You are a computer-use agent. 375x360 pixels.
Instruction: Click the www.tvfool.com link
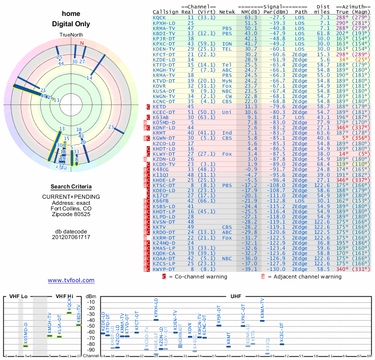(x=71, y=280)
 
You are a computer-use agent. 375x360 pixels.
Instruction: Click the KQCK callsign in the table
(x=159, y=17)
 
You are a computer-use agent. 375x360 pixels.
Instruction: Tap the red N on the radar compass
(x=82, y=44)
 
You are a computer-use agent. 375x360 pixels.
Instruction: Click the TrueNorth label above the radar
(x=71, y=36)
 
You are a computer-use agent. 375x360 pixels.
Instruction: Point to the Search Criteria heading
(x=71, y=187)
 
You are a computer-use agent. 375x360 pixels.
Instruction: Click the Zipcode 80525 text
(x=71, y=214)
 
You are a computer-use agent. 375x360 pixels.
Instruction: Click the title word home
(x=71, y=14)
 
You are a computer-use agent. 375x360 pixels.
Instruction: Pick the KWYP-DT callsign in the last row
(x=163, y=270)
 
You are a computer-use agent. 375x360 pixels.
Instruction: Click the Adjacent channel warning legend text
(x=305, y=277)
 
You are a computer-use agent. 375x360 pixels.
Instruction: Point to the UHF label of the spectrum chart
(x=236, y=297)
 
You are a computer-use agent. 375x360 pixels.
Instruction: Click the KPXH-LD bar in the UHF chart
(x=156, y=320)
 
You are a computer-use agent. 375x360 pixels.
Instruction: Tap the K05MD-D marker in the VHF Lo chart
(x=26, y=346)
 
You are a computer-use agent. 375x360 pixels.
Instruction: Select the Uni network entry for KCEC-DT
(x=227, y=112)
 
